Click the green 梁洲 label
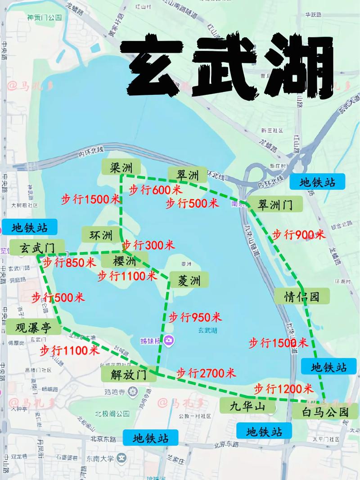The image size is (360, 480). (x=121, y=168)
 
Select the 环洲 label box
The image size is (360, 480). (x=100, y=235)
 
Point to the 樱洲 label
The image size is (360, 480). (x=125, y=261)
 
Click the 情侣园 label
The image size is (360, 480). (x=301, y=296)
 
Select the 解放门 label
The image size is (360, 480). (x=129, y=374)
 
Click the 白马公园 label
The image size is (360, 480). (x=325, y=411)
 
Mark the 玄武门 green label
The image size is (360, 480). (x=37, y=248)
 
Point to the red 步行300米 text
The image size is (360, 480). (x=148, y=245)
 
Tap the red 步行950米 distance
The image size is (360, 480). (x=195, y=317)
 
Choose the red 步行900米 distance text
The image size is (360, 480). (x=299, y=234)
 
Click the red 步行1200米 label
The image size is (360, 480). (x=283, y=389)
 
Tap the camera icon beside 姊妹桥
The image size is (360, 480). (x=168, y=340)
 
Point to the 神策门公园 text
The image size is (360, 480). (x=44, y=18)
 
